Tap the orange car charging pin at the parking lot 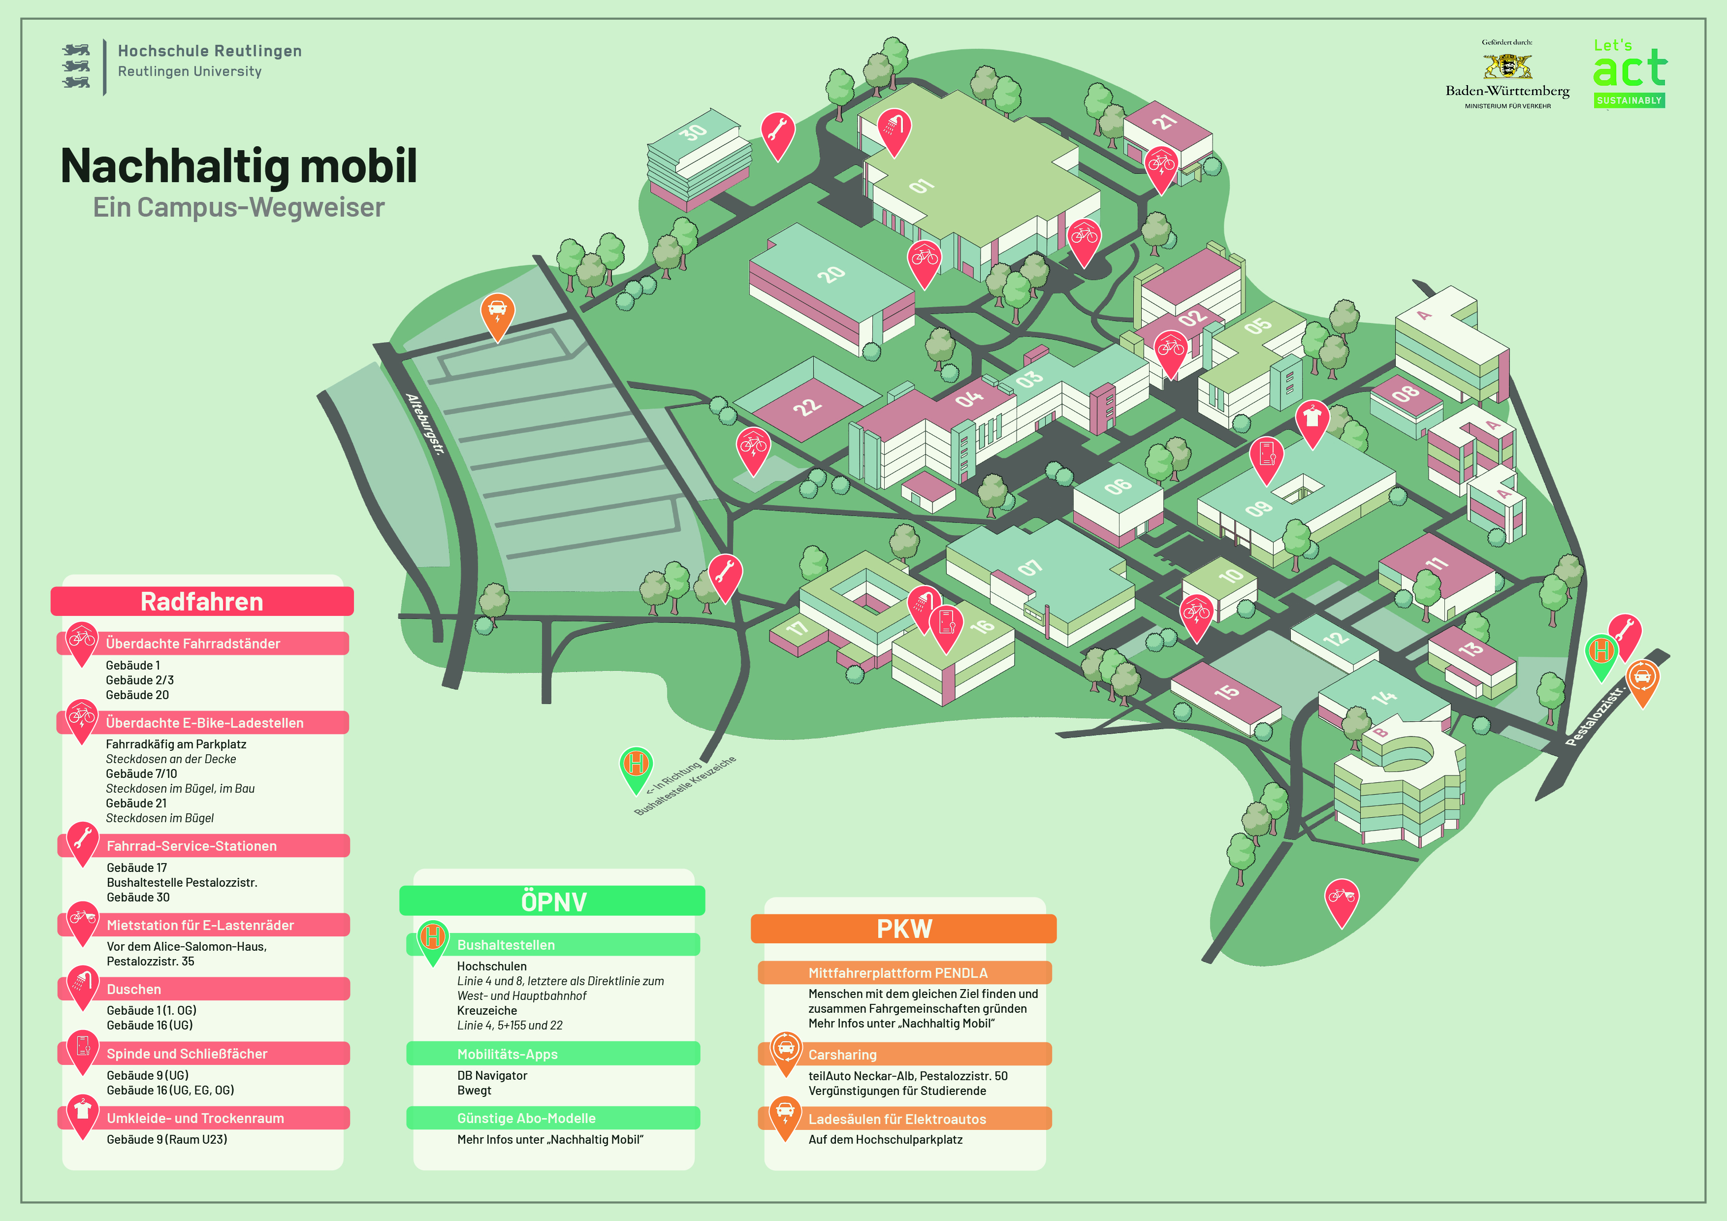(497, 313)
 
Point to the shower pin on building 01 (894, 129)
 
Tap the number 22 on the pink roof (807, 406)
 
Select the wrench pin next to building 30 (778, 132)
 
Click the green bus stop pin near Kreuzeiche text (636, 766)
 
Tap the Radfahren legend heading (201, 602)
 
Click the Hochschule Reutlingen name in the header (209, 51)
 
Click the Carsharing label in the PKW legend (842, 1055)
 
